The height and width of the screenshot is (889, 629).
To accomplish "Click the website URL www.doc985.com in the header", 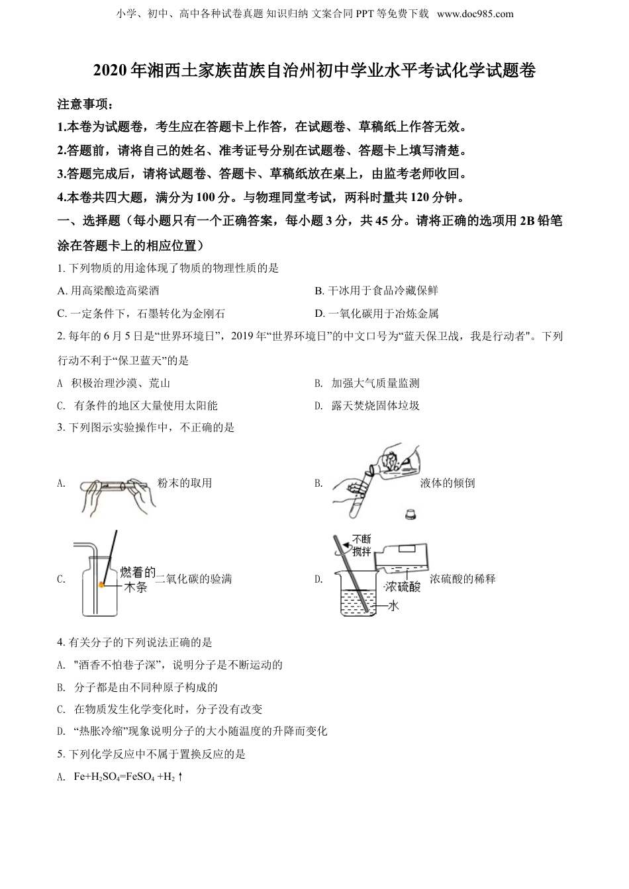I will click(x=475, y=14).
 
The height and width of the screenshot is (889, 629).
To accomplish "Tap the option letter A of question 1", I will click(x=62, y=291).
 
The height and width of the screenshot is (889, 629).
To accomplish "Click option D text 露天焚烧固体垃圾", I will click(x=375, y=405).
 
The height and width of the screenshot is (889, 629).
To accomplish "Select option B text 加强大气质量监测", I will click(x=375, y=383).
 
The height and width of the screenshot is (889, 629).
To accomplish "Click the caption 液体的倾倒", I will click(x=448, y=483).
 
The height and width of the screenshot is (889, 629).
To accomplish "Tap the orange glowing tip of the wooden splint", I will click(x=102, y=584).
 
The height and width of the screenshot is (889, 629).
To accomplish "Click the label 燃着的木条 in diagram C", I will click(x=136, y=579).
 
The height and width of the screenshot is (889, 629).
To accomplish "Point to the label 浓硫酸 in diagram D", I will click(x=402, y=586).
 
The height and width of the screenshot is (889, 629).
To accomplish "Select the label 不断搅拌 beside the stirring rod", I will click(x=362, y=545).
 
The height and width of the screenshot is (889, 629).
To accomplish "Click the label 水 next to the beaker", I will click(x=394, y=605).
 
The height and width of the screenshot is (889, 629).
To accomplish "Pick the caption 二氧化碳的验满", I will click(x=193, y=579).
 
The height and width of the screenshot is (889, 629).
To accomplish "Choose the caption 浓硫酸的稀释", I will click(x=462, y=579).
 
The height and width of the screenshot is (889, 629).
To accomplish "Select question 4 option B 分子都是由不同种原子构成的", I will click(x=146, y=688).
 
